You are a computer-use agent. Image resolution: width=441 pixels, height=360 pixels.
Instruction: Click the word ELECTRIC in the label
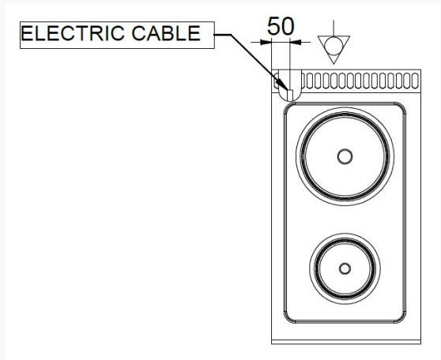pos(73,33)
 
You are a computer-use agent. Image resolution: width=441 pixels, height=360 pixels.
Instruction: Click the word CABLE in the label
pos(166,33)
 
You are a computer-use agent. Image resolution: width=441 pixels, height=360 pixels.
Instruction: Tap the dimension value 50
pos(281,26)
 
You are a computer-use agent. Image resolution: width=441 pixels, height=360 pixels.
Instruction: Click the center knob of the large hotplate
pos(345,156)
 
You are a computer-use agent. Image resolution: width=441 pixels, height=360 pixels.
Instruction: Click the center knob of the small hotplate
pos(345,268)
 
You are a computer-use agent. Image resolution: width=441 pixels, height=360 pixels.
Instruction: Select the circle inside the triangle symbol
pos(334,46)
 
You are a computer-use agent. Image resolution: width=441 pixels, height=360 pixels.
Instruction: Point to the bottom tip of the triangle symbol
pos(334,64)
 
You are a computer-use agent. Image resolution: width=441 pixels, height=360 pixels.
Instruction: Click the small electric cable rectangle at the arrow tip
pos(290,95)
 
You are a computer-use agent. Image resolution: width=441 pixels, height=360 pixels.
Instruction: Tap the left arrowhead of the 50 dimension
pos(266,43)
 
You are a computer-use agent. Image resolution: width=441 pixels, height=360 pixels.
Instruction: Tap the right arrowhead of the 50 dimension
pos(296,43)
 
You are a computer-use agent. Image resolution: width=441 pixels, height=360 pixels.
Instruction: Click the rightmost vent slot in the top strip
pos(415,81)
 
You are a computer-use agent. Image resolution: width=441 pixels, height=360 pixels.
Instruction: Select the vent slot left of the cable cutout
pos(277,81)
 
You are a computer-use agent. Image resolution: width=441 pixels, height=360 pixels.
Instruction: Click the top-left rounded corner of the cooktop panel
pos(288,107)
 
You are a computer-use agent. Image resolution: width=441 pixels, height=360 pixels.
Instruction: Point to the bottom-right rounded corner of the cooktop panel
pos(402,319)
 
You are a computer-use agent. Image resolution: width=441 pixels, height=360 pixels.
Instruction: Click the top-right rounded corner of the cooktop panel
pos(402,107)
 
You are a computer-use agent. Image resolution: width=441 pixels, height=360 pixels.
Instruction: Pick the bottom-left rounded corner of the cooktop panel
pos(288,319)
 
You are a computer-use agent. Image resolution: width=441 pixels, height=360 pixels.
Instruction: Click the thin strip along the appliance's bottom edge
pos(346,342)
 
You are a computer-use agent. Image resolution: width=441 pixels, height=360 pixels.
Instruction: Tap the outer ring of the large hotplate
pos(296,156)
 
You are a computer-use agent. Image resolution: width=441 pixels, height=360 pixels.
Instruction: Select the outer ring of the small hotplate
pos(310,268)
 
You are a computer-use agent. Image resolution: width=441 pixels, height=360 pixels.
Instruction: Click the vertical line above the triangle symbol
pos(334,28)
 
